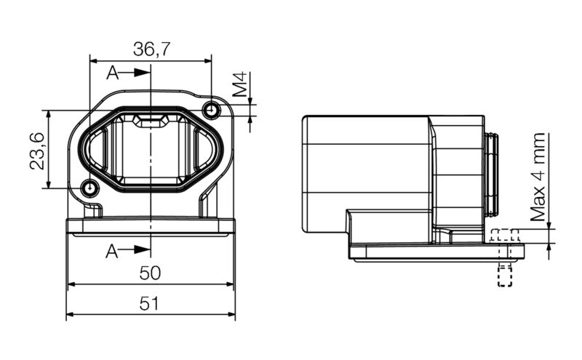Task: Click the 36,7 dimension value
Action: click(x=151, y=49)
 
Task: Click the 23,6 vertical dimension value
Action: click(x=38, y=151)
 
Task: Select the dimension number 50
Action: click(x=151, y=273)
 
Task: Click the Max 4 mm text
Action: click(x=538, y=177)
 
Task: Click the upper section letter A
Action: click(x=112, y=73)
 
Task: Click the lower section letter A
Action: click(x=112, y=251)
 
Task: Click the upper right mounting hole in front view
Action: click(x=212, y=110)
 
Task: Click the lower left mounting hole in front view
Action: click(x=89, y=188)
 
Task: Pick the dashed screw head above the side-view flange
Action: click(x=504, y=236)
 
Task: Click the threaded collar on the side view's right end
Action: click(x=492, y=174)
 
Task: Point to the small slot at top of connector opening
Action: click(x=151, y=121)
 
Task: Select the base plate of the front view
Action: click(x=151, y=227)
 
